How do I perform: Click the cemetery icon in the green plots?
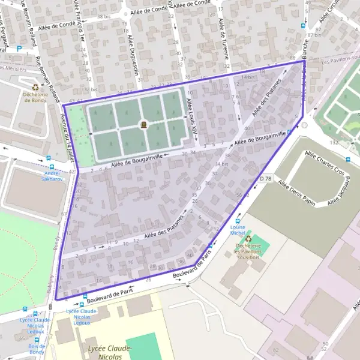pyautogui.click(x=143, y=125)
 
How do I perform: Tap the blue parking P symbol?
pyautogui.click(x=20, y=49)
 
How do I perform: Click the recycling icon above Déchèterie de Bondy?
pyautogui.click(x=35, y=87)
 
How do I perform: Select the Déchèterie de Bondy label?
pyautogui.click(x=35, y=97)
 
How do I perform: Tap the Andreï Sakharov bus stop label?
pyautogui.click(x=52, y=176)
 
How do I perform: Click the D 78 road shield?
pyautogui.click(x=266, y=178)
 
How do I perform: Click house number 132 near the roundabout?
pyautogui.click(x=334, y=142)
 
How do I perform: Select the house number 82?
pyautogui.click(x=275, y=349)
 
